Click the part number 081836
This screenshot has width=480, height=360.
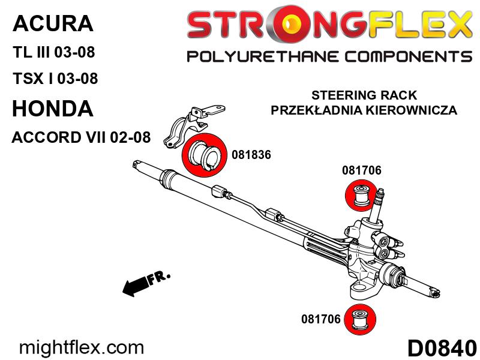coord(251,155)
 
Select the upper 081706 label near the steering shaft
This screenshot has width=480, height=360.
coord(362,170)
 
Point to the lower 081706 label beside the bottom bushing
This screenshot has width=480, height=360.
coord(320,319)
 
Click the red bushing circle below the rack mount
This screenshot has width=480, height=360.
coord(360,320)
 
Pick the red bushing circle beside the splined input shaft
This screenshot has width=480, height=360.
coord(361,196)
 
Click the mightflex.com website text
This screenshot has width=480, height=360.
coord(81,348)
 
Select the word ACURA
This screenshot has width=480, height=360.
coord(53,23)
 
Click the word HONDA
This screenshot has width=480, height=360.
coord(53,109)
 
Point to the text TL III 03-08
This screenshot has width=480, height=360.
coord(54,52)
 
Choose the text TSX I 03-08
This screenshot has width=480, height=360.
coord(55,79)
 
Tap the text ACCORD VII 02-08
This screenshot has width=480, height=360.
coord(81,137)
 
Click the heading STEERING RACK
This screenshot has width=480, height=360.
coord(364,95)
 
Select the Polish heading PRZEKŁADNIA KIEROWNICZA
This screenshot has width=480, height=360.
coord(364,110)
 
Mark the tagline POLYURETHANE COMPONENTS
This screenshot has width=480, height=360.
coord(329,57)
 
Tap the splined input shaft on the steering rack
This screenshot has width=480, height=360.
coord(377,205)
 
